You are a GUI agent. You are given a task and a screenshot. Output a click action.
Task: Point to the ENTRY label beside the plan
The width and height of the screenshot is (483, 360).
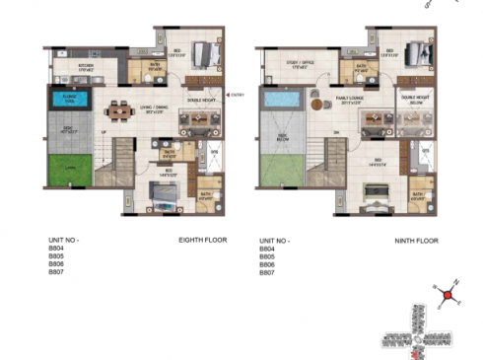pyautogui.click(x=238, y=96)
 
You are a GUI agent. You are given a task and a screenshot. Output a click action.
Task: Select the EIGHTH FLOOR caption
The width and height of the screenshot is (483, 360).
pyautogui.click(x=204, y=240)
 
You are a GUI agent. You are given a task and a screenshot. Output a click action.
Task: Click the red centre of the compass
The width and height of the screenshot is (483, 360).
pyautogui.click(x=448, y=294)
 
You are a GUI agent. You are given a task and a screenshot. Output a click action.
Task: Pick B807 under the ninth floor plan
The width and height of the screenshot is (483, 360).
pyautogui.click(x=267, y=272)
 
